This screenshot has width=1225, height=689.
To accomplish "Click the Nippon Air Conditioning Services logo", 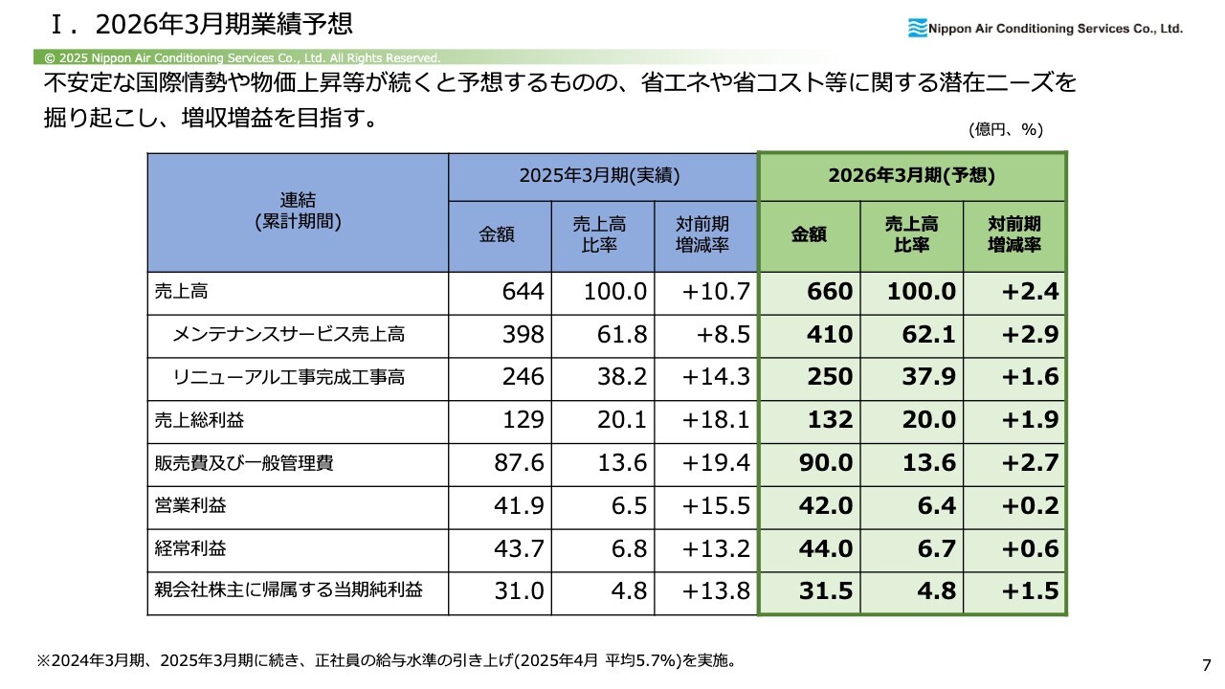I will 1044,29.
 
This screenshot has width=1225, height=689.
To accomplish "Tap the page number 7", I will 1206,665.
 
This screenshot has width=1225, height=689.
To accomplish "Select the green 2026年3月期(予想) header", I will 911,176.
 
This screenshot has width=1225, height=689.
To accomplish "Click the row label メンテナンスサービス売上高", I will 288,334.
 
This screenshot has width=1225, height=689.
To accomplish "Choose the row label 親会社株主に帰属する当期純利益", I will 288,590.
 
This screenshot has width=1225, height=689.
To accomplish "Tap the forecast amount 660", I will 830,292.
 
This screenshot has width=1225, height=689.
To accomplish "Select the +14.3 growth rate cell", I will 716,377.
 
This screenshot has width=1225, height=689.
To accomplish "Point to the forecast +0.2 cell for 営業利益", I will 1031,505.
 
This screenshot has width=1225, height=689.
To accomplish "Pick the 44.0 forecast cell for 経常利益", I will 826,548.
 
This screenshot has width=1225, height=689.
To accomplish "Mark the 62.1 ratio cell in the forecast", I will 929,334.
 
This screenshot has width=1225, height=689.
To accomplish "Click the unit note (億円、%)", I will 1004,129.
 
